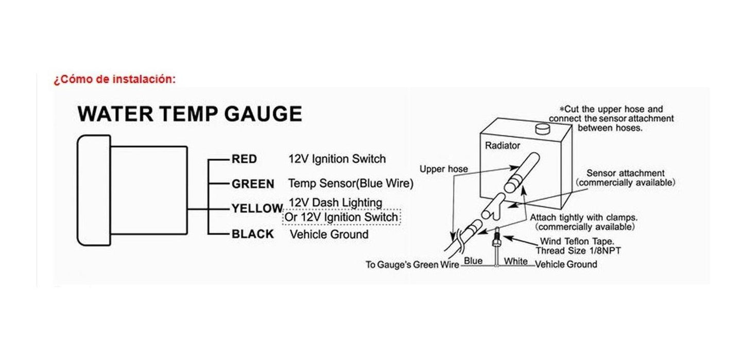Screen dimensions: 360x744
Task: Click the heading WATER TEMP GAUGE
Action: coord(189,114)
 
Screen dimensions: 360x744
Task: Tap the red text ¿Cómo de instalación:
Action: coord(114,80)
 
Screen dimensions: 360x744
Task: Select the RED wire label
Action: coord(244,159)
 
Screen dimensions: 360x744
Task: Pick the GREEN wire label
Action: coord(253,184)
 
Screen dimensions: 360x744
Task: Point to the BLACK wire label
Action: coord(253,234)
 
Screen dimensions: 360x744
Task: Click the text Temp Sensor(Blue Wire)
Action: coord(351,183)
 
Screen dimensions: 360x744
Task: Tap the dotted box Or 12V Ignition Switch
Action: coord(341,217)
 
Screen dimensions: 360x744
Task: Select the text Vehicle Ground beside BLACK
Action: coord(330,235)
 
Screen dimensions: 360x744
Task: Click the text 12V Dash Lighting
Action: coord(336,202)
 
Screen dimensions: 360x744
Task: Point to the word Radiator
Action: coord(503,146)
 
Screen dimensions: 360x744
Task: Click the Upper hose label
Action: coord(443,169)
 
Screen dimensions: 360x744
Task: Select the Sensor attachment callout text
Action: coord(625,178)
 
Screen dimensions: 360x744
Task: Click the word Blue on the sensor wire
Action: coord(473,261)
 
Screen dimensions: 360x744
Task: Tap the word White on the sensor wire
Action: coord(515,261)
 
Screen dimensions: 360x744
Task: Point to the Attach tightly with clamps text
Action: coord(584,221)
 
